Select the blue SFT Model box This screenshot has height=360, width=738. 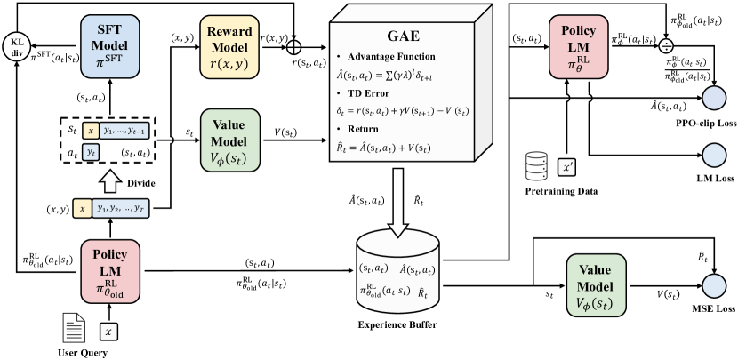tap(110, 46)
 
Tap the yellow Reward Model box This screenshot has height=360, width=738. tap(230, 46)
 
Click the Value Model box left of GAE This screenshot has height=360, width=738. tap(230, 140)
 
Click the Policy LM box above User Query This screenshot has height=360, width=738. tap(110, 270)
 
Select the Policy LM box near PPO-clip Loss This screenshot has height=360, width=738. tap(579, 46)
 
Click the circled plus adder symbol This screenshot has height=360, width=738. tap(295, 47)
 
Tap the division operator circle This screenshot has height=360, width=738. tap(666, 46)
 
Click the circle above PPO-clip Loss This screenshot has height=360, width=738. tap(714, 99)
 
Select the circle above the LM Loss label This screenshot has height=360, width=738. tap(714, 155)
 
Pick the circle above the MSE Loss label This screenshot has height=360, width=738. tap(714, 285)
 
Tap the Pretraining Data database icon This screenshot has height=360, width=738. tap(536, 165)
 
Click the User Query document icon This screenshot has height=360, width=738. tap(74, 329)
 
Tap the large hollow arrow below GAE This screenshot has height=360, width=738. tap(398, 203)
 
